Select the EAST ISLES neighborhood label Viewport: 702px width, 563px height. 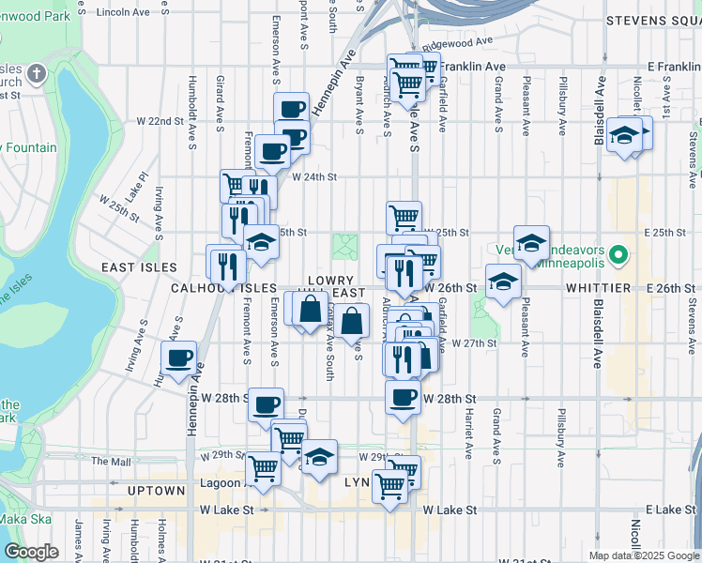pyautogui.click(x=132, y=267)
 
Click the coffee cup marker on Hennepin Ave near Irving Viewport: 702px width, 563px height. pyautogui.click(x=178, y=358)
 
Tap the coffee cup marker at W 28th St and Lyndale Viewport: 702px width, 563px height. pyautogui.click(x=403, y=397)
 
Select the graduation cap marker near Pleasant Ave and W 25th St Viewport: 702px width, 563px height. pyautogui.click(x=531, y=242)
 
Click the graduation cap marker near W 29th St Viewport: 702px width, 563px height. pyautogui.click(x=319, y=456)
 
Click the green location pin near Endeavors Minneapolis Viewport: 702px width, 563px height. pyautogui.click(x=618, y=254)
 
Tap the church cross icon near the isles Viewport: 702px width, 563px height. pyautogui.click(x=37, y=73)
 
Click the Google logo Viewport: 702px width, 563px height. pyautogui.click(x=32, y=551)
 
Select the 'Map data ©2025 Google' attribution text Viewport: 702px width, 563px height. pyautogui.click(x=643, y=555)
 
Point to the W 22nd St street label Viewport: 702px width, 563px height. pyautogui.click(x=160, y=122)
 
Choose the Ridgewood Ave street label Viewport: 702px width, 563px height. pyautogui.click(x=465, y=42)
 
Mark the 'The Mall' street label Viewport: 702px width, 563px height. pyautogui.click(x=111, y=462)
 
